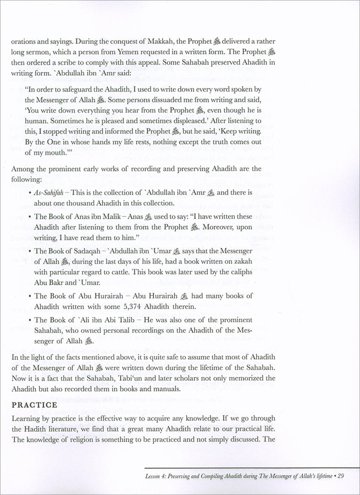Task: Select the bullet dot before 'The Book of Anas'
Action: pyautogui.click(x=30, y=216)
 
